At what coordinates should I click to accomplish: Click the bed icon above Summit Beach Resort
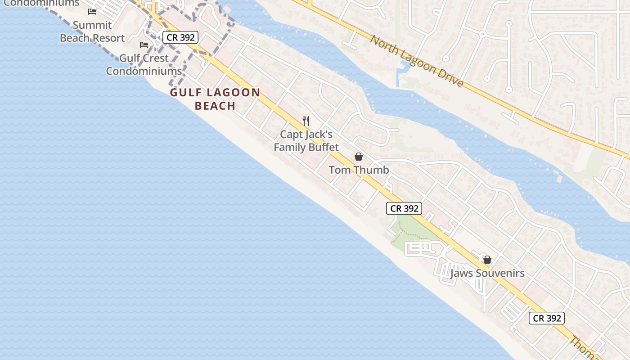pos(92,11)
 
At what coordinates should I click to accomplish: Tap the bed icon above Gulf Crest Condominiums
pos(144,45)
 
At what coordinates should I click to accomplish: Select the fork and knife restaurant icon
pos(306,121)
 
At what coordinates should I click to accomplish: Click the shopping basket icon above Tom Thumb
pos(359,157)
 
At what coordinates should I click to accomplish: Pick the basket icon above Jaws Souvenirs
pos(487,260)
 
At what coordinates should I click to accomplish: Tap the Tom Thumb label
pos(359,170)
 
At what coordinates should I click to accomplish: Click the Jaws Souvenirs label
pos(487,273)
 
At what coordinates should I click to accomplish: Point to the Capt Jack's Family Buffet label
pos(306,141)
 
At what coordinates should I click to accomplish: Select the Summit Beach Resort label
pos(92,31)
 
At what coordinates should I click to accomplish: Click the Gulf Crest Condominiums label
pos(144,64)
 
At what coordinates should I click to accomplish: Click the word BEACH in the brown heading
pos(215,106)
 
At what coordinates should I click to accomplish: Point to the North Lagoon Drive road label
pos(417,61)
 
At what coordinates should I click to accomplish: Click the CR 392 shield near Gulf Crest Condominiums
pos(180,37)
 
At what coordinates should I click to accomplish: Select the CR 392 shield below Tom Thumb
pos(404,208)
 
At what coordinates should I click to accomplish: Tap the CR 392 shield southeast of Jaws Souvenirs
pos(547,318)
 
